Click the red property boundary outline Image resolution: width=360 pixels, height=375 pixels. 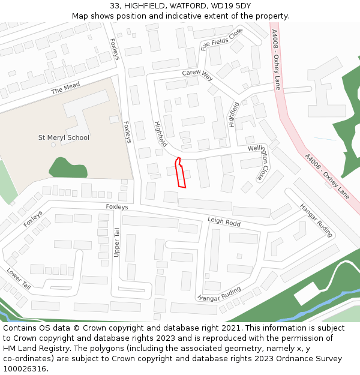[x=180, y=174]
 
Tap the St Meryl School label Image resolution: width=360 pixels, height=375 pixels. [x=64, y=138]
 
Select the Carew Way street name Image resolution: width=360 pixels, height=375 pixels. [x=197, y=74]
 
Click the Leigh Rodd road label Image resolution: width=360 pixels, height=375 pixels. [x=224, y=222]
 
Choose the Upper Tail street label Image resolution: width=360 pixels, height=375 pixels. [x=117, y=242]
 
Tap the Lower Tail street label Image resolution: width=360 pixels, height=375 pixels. [x=18, y=279]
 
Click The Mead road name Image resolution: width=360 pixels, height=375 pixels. [x=65, y=88]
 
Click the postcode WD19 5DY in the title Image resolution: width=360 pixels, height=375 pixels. [x=229, y=6]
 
